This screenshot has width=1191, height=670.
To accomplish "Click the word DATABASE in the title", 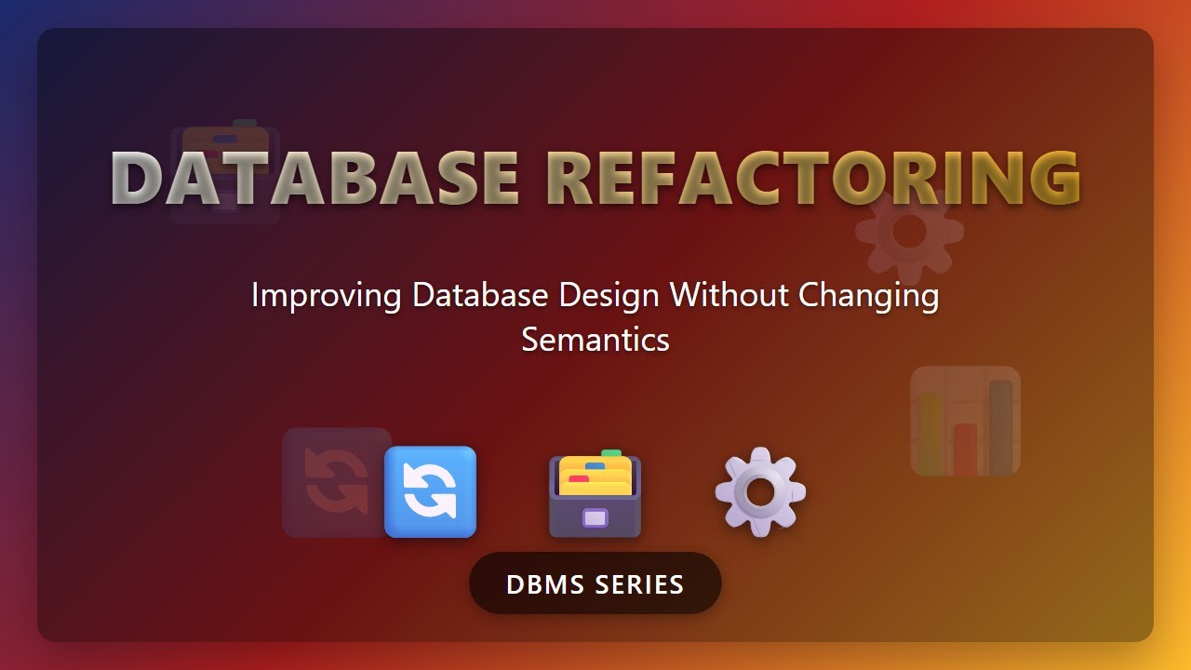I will click(314, 178).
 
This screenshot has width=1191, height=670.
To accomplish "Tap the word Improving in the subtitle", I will click(327, 296).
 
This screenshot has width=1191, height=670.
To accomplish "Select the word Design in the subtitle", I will click(609, 296).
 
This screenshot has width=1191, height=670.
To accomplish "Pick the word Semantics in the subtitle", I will click(595, 340).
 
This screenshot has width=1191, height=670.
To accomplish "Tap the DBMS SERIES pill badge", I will click(595, 583).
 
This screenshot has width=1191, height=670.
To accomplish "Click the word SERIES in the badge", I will click(639, 584).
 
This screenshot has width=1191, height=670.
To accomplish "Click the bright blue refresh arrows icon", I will click(430, 492).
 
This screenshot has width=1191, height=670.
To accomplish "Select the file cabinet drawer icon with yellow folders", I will click(595, 494).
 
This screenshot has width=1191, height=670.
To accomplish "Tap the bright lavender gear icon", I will click(760, 491).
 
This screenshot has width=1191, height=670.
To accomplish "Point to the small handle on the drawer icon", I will click(595, 518).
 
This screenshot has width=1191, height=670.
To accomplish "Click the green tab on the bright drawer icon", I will click(611, 454).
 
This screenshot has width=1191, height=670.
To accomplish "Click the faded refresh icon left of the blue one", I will click(336, 482).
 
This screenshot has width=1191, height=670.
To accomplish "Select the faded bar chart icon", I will click(966, 422).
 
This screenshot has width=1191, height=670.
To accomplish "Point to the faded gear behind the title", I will click(909, 232).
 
